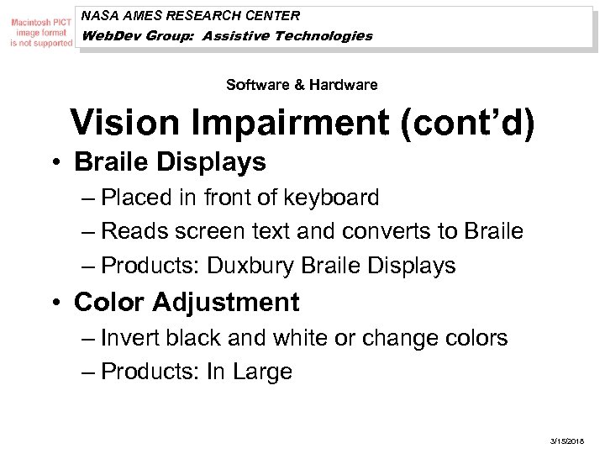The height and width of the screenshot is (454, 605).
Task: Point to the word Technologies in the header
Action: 322,36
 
